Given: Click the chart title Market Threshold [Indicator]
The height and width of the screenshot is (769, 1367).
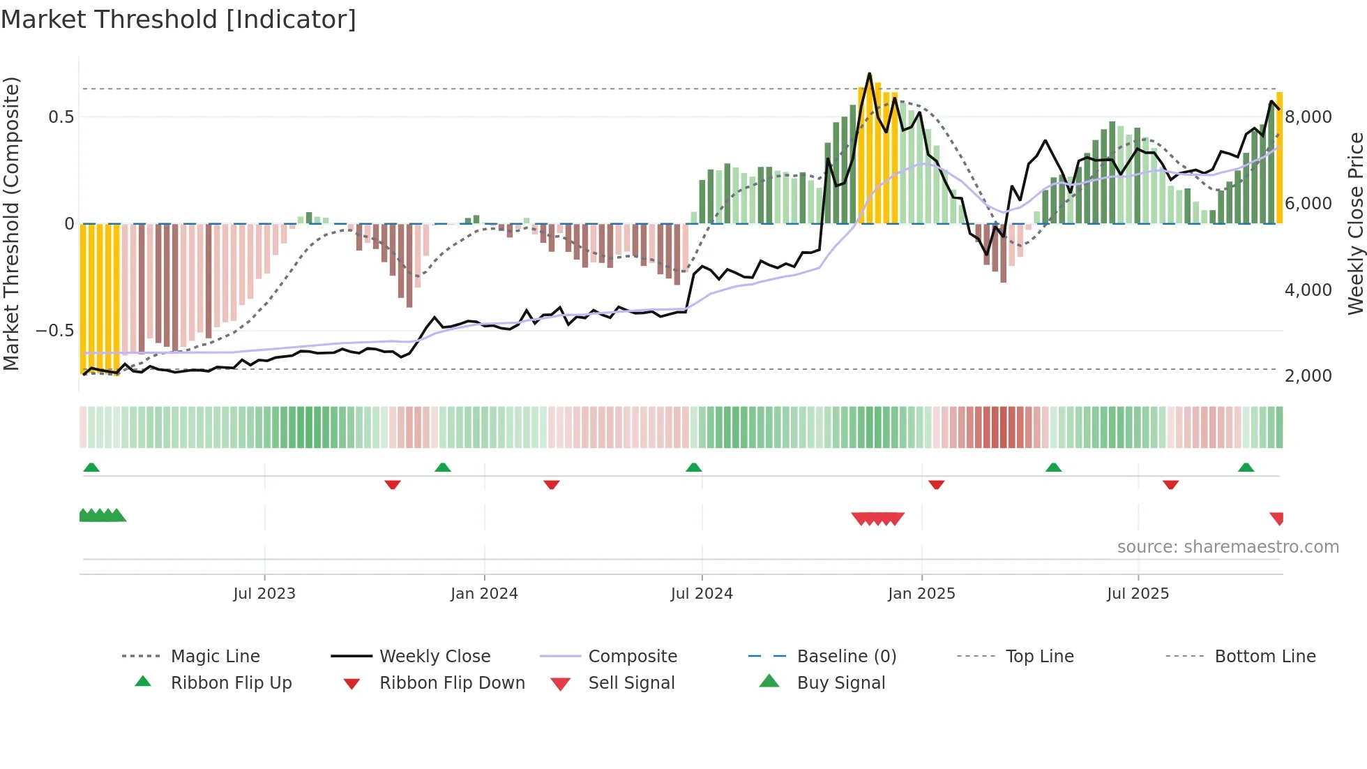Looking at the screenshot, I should point(179,20).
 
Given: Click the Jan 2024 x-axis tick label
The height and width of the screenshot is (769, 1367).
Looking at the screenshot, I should point(484,594).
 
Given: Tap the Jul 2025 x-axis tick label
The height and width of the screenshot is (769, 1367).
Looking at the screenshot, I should point(1138,594).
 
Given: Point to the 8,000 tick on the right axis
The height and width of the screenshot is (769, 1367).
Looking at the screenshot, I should point(1308,117).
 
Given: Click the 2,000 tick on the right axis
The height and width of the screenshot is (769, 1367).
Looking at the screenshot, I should point(1308,376).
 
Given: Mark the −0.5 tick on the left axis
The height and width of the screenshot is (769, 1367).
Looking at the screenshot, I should point(55,331).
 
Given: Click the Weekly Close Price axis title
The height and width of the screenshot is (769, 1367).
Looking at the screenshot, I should point(1355,223).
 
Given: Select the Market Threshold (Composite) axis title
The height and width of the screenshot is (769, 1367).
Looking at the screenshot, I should point(11,223).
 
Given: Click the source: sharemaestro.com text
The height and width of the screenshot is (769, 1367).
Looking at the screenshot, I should point(1228,547).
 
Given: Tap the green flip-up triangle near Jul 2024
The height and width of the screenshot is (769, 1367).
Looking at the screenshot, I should point(693,468).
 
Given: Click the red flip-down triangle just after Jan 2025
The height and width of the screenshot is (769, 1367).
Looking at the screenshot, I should point(936,484).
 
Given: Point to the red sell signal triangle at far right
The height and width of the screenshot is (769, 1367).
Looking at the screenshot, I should point(1277,518).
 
